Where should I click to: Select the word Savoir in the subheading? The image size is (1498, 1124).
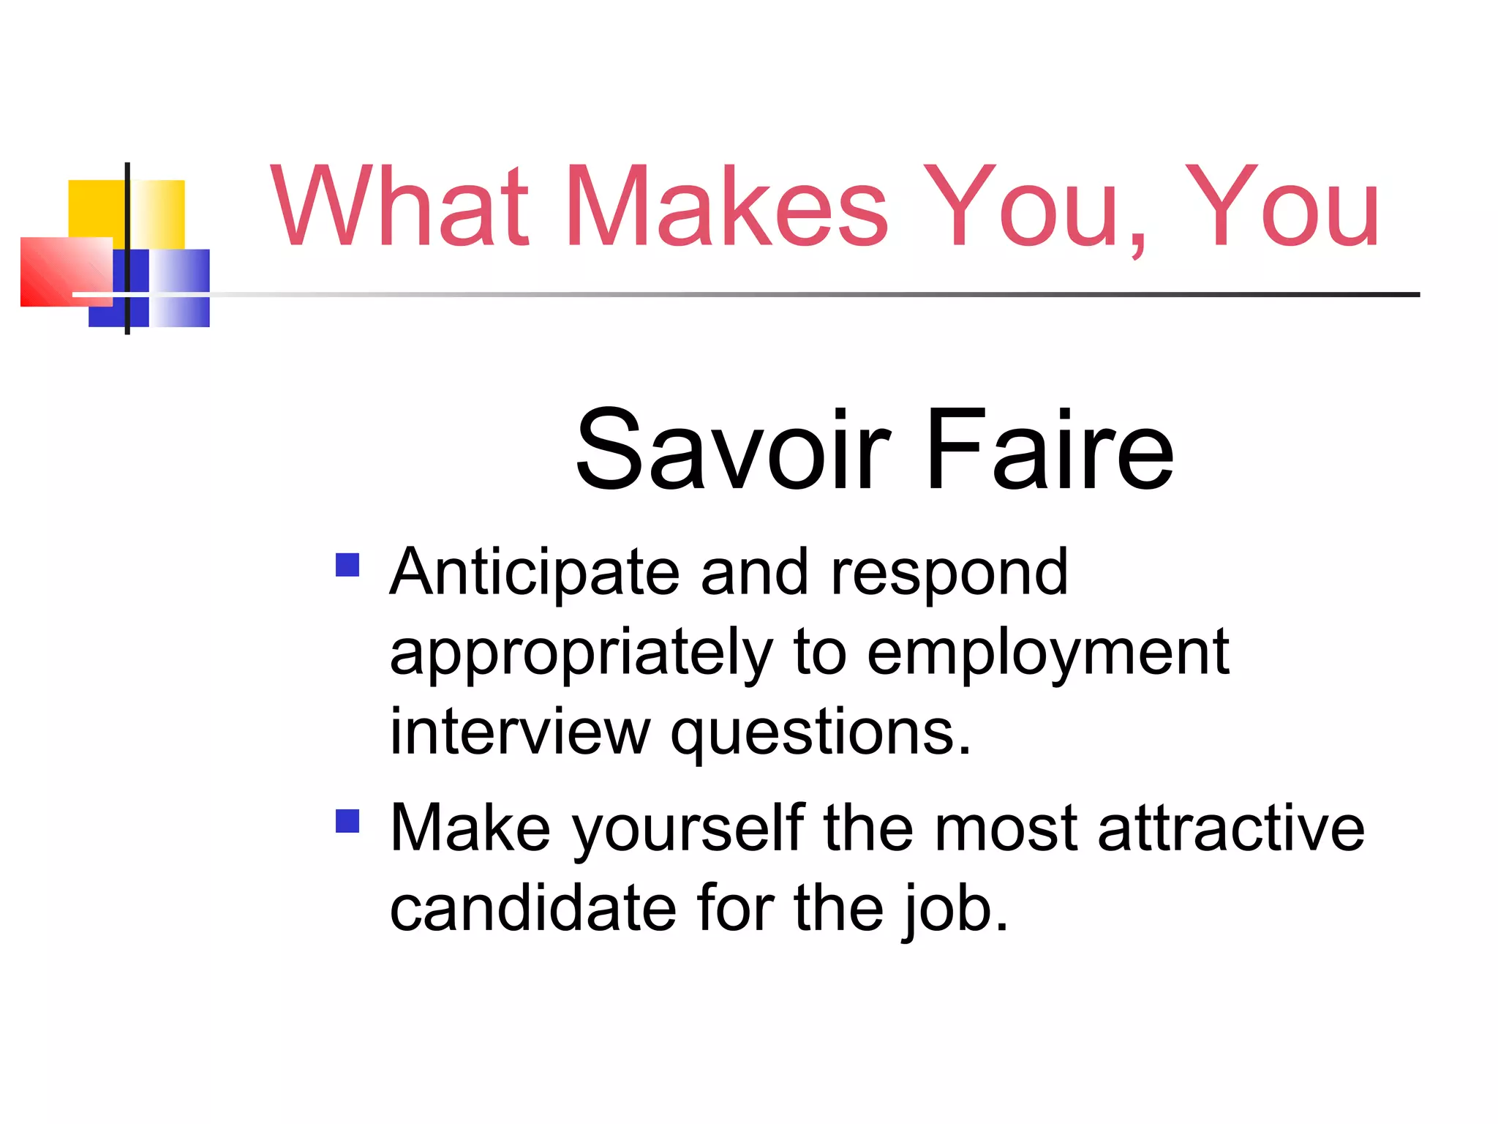click(732, 449)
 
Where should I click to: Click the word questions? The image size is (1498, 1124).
click(821, 734)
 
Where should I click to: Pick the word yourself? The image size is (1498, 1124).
click(688, 831)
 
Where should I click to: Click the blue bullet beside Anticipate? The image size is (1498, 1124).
click(347, 565)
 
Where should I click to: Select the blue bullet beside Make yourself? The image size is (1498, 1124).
click(347, 821)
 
